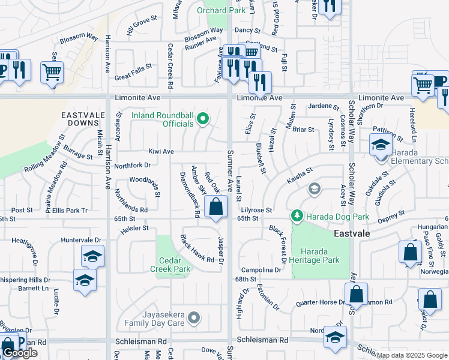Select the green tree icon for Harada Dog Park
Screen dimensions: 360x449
coord(296,215)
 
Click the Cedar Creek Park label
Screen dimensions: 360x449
coord(175,265)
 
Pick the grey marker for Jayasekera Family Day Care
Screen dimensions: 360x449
coord(193,317)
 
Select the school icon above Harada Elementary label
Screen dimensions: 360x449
coord(381,146)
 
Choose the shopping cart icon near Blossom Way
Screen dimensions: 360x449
coord(52,73)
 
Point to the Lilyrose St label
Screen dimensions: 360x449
coord(256,211)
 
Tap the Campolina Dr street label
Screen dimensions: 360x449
coord(261,271)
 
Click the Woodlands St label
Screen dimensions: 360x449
coord(145,180)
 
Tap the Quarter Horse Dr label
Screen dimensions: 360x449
coord(316,302)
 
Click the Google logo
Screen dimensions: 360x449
coord(20,353)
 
